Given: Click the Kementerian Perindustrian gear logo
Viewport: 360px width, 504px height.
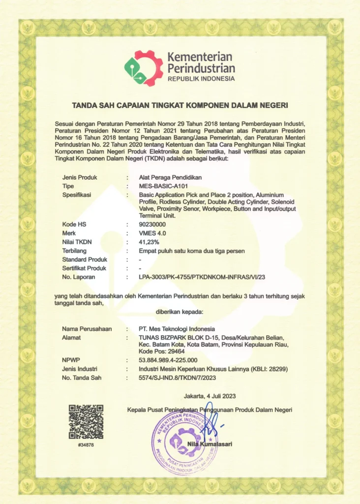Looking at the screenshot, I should coord(143,68).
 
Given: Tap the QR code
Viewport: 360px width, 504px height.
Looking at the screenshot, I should coord(86,421).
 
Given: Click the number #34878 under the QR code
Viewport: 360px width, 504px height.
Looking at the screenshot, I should coord(86,445).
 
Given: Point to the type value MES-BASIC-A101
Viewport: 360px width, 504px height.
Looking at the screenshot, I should coord(164,186).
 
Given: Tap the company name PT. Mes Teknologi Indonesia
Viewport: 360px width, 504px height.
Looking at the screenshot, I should coord(177,328).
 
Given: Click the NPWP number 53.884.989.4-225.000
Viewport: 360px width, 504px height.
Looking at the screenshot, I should coord(168,360).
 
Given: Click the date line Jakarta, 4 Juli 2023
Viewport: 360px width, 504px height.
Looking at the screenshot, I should coord(210,396).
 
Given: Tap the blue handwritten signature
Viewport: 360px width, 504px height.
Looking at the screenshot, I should coord(211,423).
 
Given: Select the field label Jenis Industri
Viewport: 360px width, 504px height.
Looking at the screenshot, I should coord(80,369).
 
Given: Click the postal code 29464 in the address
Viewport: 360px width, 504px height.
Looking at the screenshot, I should coord(176,351).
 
